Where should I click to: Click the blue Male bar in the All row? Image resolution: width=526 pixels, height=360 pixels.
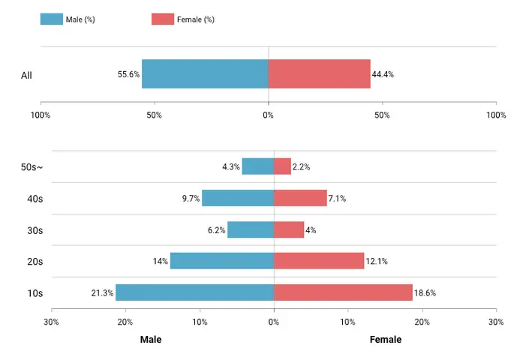pos(205,74)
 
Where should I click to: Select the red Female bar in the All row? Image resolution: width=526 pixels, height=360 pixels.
pos(319,74)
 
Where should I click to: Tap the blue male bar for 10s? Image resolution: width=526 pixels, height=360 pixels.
pos(194,292)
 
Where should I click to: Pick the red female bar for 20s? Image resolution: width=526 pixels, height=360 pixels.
pos(318,261)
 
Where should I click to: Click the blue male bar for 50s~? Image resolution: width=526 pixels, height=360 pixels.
pos(257,166)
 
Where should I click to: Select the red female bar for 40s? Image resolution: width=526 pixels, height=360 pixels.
pos(300,198)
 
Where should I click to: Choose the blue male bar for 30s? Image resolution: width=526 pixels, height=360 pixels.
pos(251,229)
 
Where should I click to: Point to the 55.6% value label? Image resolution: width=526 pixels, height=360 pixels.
pos(128,74)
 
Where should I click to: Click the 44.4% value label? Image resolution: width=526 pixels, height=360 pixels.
pos(383,74)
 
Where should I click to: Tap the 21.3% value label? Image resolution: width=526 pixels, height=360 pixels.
pos(102,293)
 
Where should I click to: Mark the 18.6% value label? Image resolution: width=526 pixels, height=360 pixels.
pos(425,293)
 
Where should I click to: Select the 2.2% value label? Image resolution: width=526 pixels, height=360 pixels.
pos(302,166)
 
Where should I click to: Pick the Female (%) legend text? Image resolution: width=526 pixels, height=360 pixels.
pos(195,19)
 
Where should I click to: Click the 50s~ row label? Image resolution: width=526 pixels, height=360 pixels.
pos(32,167)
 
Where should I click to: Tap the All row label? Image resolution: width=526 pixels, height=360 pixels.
pos(26,75)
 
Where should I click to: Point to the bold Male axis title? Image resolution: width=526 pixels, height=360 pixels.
pos(151,340)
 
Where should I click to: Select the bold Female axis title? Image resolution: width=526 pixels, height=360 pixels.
pos(386,340)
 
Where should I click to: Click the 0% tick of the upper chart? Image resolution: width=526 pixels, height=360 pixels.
pos(268,115)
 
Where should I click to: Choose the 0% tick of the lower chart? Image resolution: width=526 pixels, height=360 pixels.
pos(274,322)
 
